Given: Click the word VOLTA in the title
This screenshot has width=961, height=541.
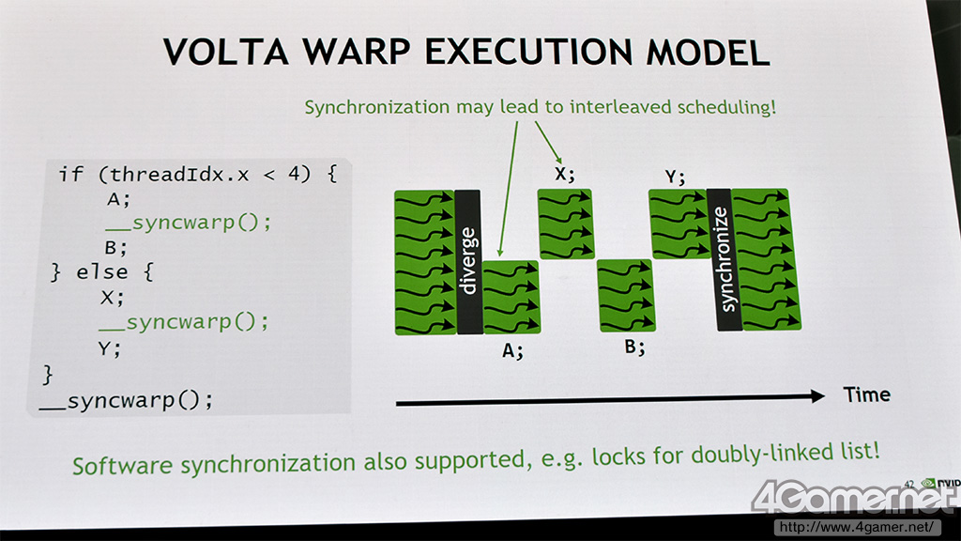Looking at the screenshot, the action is [225, 52].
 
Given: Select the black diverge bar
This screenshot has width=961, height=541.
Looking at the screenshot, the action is [469, 262].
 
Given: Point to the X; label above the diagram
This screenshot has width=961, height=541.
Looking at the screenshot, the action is [564, 174].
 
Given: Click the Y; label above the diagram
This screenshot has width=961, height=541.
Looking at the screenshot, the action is [675, 177].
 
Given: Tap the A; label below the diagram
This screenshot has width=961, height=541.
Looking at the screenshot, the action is [512, 351].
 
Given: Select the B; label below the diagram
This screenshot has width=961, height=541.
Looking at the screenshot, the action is [634, 348].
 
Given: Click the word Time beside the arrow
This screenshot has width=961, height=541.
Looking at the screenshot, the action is [866, 394].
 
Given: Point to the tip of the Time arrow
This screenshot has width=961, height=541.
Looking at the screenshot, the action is [825, 396].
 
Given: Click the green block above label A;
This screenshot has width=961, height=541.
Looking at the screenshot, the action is [511, 297].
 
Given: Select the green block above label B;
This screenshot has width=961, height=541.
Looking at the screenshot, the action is [627, 295].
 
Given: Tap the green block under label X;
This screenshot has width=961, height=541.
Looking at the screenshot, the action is [566, 224].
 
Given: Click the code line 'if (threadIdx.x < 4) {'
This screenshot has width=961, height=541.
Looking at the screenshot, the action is [198, 174].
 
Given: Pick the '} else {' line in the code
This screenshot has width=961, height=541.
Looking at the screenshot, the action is [102, 271].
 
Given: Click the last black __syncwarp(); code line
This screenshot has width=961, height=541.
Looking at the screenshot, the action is [127, 400].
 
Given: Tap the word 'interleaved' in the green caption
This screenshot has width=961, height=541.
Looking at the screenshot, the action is [620, 107].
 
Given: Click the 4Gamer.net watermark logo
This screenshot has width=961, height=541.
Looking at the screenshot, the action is [854, 498].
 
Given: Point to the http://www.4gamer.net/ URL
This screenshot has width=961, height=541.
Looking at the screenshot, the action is [856, 527].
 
